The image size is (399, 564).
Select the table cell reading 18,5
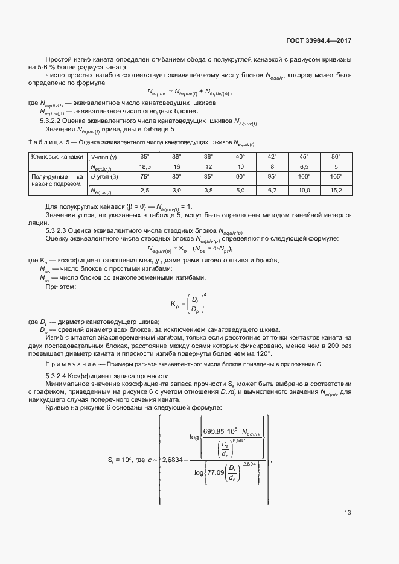[144, 166]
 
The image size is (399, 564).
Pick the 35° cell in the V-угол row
[144, 156]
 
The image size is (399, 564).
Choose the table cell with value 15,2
[336, 191]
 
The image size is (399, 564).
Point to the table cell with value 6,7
[272, 191]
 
